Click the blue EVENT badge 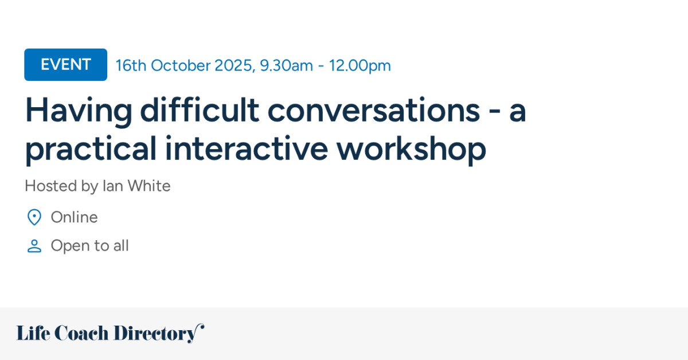click(x=65, y=65)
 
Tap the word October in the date click(x=181, y=65)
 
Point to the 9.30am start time click(x=287, y=65)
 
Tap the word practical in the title click(x=91, y=149)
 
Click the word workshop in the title click(x=411, y=149)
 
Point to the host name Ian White click(x=136, y=186)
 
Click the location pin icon click(x=34, y=217)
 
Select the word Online click(x=74, y=217)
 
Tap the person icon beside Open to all click(x=34, y=246)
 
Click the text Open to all click(x=89, y=246)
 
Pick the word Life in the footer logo click(x=32, y=333)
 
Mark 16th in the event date click(x=131, y=65)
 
